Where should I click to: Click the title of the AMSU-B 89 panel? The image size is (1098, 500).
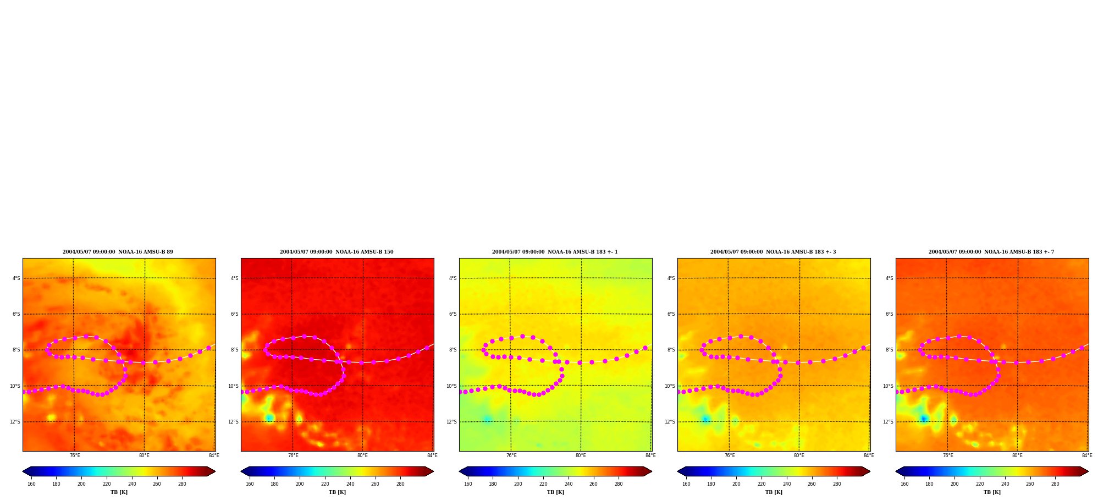pos(118,252)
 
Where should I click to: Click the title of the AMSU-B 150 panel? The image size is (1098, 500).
pos(336,252)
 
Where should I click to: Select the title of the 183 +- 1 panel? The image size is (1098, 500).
pos(555,252)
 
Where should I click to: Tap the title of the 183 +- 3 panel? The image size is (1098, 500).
pos(773,252)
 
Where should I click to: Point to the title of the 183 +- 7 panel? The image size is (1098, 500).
pos(991,252)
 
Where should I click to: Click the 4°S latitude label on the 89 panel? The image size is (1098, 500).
pos(16,278)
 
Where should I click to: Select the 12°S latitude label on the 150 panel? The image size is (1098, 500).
pos(233,422)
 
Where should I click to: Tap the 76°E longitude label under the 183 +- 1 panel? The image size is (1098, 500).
pos(511,455)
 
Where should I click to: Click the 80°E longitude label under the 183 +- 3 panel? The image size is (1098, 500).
pos(799,455)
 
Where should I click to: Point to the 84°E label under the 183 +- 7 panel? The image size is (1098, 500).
pos(1087,455)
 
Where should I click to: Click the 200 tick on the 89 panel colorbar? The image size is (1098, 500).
pos(81,484)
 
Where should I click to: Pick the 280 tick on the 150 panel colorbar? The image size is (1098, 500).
pos(400,484)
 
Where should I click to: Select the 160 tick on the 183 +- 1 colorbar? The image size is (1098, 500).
pos(468,484)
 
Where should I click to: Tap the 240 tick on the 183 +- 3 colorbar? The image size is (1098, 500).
pos(787,484)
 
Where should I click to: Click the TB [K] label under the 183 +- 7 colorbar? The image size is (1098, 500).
pos(992,492)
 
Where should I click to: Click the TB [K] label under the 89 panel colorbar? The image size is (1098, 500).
pos(119,492)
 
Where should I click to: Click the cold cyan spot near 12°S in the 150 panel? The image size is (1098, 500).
pos(269,418)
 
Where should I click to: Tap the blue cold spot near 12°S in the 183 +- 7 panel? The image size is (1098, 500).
pos(924,419)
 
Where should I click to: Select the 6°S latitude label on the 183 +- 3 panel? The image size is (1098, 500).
pos(671,314)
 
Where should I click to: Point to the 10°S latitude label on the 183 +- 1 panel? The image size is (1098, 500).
pos(451,386)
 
